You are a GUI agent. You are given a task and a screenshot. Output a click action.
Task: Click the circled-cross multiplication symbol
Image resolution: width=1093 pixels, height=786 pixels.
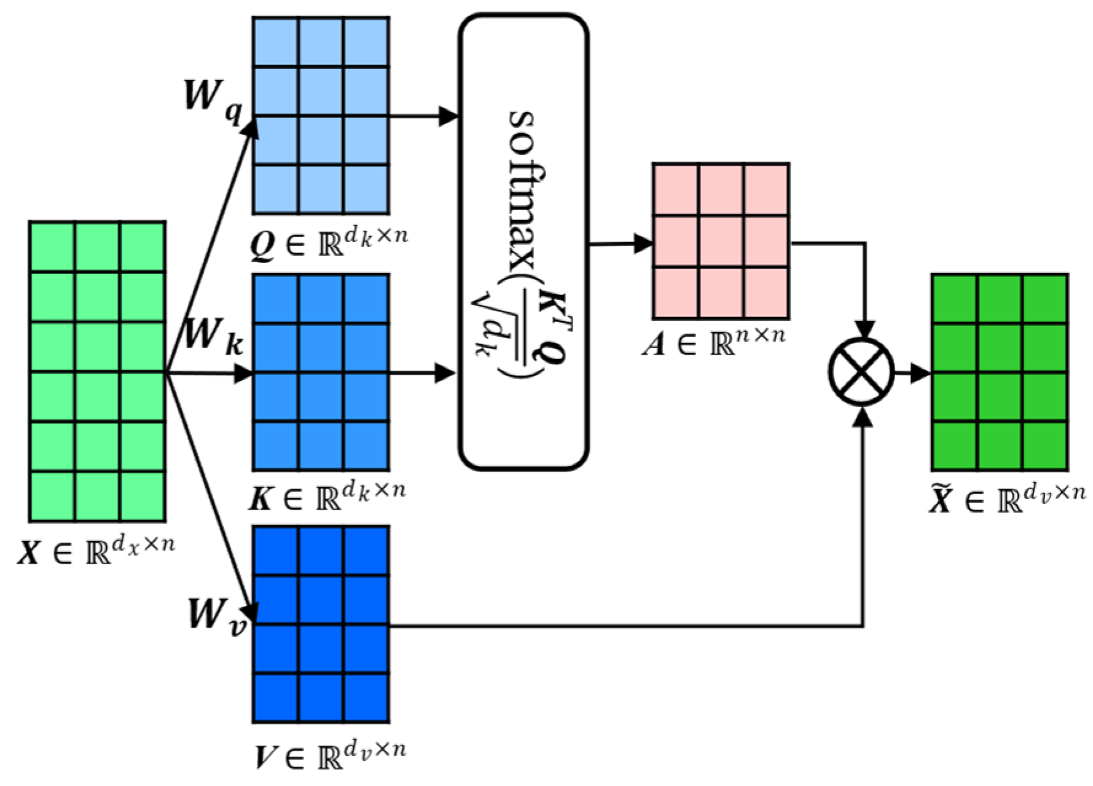862,372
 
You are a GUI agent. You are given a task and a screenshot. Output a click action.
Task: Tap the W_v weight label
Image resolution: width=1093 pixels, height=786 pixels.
216,616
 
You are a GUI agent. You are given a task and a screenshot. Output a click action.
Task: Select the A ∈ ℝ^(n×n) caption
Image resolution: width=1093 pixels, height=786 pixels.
713,343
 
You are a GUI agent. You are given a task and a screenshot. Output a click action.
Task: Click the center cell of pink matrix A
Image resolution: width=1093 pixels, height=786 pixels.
721,242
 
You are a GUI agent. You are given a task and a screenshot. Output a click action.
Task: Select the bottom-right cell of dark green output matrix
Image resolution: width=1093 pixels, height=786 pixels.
1044,446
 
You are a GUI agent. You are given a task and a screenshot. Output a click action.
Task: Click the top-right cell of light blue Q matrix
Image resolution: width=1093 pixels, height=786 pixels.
366,42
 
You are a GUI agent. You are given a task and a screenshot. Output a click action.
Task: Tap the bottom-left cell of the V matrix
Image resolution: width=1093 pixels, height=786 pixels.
276,698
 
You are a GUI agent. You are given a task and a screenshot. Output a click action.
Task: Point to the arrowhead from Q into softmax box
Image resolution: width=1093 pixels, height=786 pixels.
449,116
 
